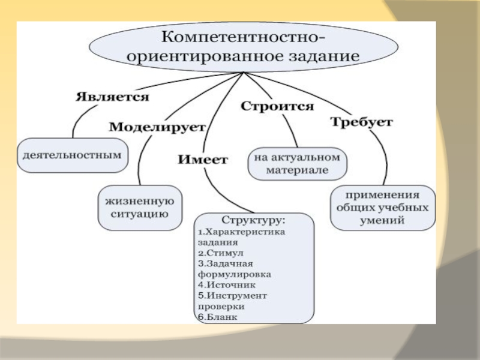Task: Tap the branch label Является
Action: (x=112, y=96)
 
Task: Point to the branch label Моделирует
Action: (x=157, y=127)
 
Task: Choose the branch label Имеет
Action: (x=203, y=160)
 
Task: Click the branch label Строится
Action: (x=277, y=106)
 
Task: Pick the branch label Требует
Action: (x=361, y=122)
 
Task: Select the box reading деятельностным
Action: (x=73, y=154)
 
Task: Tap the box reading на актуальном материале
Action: (x=297, y=163)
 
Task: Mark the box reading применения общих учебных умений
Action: (x=382, y=208)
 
